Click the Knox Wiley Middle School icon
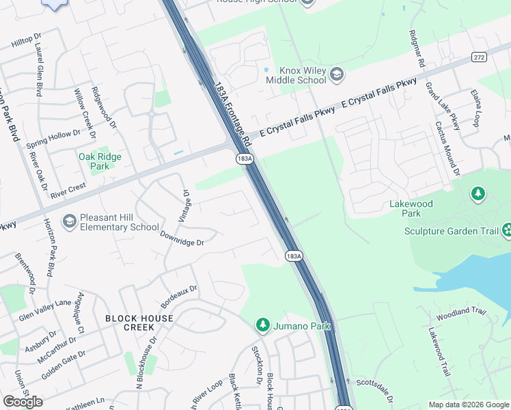(336, 74)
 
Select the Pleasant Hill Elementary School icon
(69, 221)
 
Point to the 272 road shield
(480, 57)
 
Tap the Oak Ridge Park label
(100, 161)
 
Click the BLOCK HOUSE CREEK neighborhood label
(139, 323)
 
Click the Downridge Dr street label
(182, 238)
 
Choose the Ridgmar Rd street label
(417, 49)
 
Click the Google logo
(23, 402)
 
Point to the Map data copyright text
(468, 405)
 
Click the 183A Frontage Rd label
(232, 117)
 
